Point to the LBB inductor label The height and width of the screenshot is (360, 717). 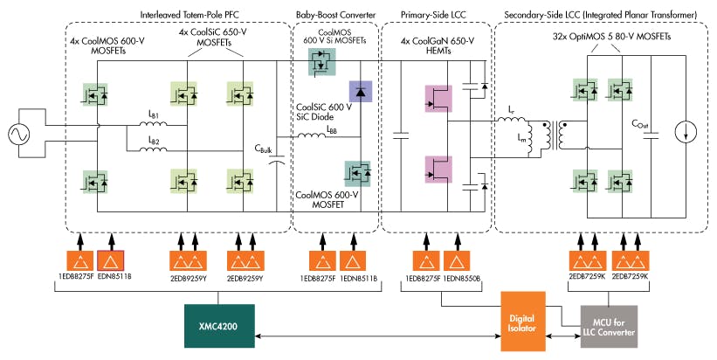click(333, 128)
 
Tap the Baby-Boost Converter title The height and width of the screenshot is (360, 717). click(336, 16)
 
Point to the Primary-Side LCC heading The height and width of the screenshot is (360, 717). click(436, 16)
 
